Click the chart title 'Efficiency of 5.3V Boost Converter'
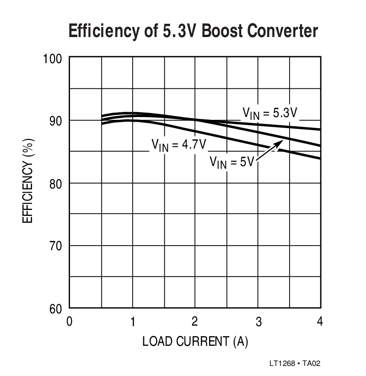click(193, 32)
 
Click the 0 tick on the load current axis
click(70, 322)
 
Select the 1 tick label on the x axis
click(132, 322)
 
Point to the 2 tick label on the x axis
click(195, 322)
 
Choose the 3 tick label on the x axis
click(258, 322)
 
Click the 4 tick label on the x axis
click(320, 322)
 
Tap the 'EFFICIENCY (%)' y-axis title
click(28, 183)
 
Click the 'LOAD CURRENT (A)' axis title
click(195, 342)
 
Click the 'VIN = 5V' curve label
click(231, 161)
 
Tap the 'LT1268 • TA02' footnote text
click(295, 364)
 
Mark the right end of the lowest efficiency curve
click(320, 158)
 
